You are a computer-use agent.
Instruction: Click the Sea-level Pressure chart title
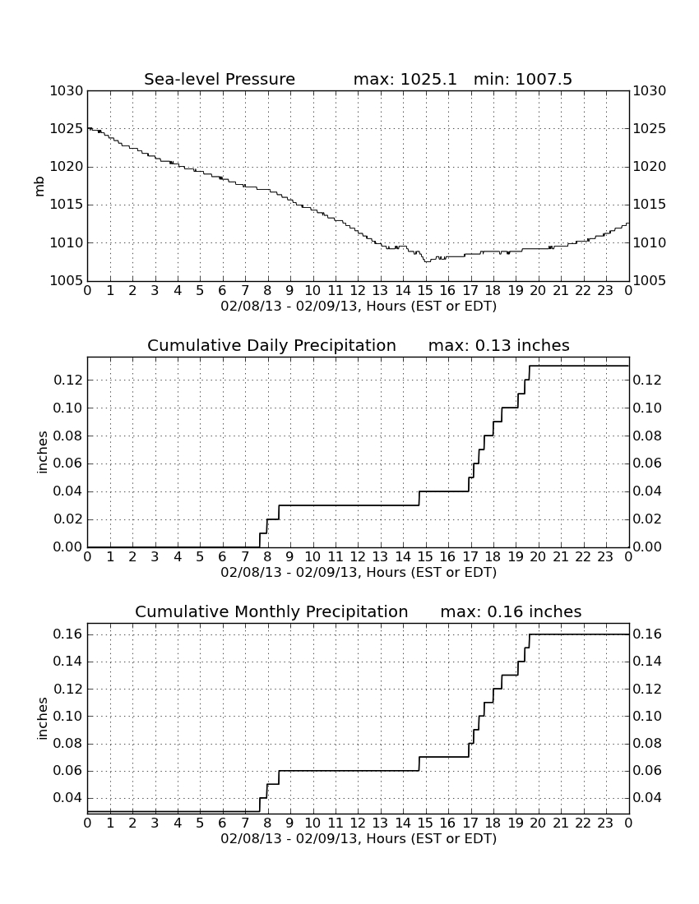(x=220, y=79)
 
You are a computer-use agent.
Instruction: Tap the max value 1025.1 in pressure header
(x=428, y=79)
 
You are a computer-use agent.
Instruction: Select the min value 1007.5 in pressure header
(x=544, y=79)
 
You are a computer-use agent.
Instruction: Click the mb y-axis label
(x=39, y=187)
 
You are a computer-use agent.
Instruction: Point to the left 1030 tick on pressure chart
(x=67, y=91)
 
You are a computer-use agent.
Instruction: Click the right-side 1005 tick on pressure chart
(x=650, y=281)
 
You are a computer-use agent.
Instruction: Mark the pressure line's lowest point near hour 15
(x=426, y=261)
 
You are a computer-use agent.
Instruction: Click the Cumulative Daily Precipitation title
(x=271, y=345)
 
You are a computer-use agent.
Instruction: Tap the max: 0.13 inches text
(x=499, y=345)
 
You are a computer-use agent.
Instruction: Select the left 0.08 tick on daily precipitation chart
(x=68, y=436)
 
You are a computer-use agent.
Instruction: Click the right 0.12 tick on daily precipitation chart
(x=647, y=380)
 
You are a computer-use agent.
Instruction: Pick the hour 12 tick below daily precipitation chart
(x=358, y=557)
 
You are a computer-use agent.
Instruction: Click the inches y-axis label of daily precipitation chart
(x=41, y=453)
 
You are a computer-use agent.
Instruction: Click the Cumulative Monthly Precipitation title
(x=271, y=611)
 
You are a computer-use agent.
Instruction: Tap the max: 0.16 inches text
(x=511, y=611)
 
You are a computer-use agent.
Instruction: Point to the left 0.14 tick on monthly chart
(x=68, y=662)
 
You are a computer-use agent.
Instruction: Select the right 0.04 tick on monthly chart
(x=647, y=798)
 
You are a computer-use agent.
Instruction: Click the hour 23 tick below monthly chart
(x=605, y=823)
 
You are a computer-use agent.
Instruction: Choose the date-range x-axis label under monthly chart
(x=359, y=838)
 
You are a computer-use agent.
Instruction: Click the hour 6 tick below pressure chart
(x=223, y=291)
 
